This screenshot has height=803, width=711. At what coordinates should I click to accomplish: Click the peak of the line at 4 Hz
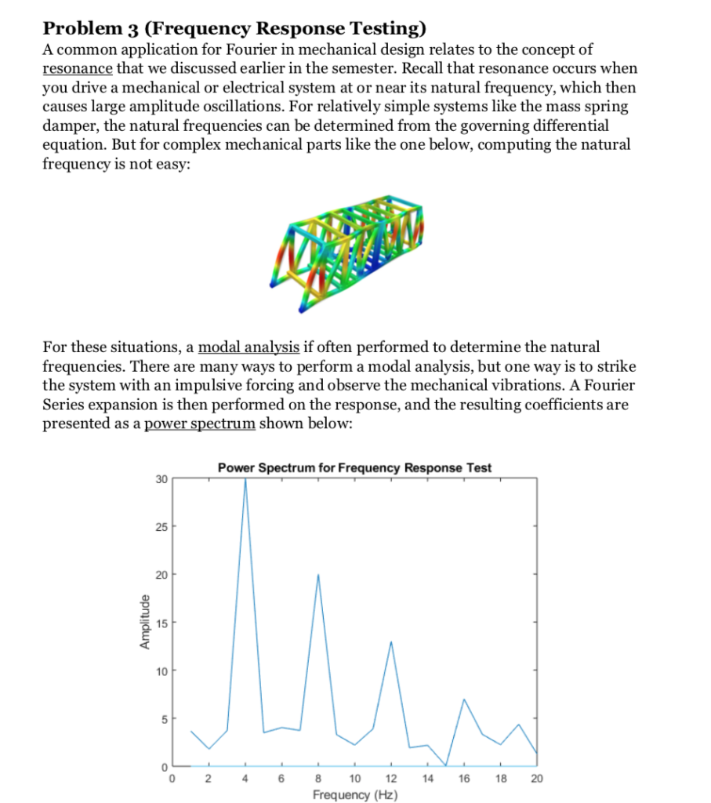(x=245, y=479)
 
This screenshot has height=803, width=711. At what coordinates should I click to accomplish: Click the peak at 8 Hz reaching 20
(x=318, y=575)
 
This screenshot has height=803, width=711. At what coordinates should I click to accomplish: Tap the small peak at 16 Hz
(x=464, y=699)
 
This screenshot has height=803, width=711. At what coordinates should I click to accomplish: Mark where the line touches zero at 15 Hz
(x=446, y=765)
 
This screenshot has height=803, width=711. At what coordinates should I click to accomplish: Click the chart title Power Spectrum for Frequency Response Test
(x=354, y=467)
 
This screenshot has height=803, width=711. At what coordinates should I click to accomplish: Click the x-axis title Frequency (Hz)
(x=354, y=794)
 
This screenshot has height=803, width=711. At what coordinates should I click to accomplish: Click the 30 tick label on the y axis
(x=160, y=478)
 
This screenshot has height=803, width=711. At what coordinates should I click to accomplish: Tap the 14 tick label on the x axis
(x=427, y=779)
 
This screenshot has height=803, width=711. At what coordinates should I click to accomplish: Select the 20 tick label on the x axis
(x=536, y=779)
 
